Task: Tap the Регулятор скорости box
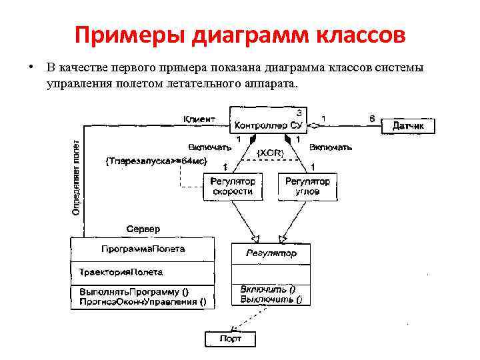click(x=233, y=186)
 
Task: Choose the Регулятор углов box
click(x=307, y=186)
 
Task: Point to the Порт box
click(x=230, y=339)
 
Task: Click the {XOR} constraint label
click(x=271, y=153)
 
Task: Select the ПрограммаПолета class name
click(x=143, y=249)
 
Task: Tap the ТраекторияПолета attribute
click(x=121, y=272)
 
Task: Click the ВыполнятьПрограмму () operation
click(x=133, y=291)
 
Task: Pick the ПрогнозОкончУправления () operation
click(x=143, y=301)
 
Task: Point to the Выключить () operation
click(x=271, y=299)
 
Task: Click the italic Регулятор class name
click(x=271, y=253)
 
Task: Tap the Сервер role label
click(x=143, y=229)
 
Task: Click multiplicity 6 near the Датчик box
click(x=372, y=119)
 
